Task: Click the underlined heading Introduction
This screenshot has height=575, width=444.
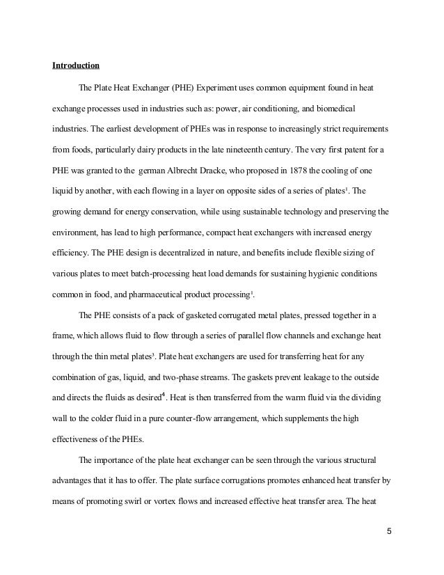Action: [76, 67]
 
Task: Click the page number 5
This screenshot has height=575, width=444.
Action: [389, 534]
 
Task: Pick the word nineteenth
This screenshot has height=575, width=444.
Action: [257, 150]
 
